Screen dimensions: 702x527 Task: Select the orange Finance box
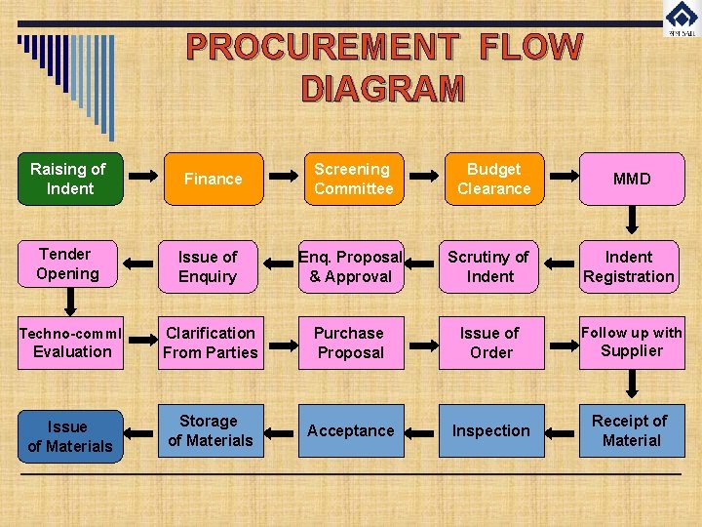click(214, 179)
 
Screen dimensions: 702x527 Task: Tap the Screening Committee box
click(353, 179)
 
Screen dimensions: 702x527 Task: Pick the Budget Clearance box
click(493, 179)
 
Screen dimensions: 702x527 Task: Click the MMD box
click(632, 179)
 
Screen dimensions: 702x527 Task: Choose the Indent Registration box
click(629, 266)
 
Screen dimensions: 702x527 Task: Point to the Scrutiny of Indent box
click(489, 266)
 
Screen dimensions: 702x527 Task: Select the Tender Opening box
click(68, 264)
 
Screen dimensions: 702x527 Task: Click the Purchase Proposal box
click(350, 343)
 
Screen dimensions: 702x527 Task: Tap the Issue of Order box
click(490, 343)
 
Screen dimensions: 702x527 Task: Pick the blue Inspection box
click(490, 430)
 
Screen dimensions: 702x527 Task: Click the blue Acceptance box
click(350, 430)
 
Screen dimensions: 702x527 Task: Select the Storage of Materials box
click(210, 430)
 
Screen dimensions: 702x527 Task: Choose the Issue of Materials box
click(70, 436)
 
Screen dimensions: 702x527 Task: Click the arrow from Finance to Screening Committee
click(283, 178)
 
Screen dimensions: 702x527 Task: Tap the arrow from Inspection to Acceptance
click(420, 431)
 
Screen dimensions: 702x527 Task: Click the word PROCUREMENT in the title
click(321, 47)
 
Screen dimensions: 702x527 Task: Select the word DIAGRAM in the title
click(383, 89)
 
